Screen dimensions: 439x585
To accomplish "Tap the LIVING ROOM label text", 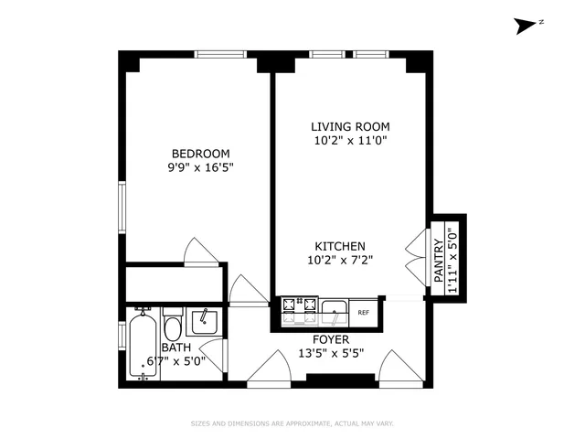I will click(343, 126).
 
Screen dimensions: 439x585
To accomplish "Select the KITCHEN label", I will click(341, 246).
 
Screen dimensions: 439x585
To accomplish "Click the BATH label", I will click(175, 348).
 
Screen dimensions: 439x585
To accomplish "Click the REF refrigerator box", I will click(363, 313).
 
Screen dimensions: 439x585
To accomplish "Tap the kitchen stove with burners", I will click(298, 311).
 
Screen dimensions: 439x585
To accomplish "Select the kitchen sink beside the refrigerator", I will click(335, 312).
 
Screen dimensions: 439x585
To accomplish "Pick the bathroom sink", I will click(204, 320).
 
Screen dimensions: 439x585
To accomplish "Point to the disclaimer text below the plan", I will click(292, 423).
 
